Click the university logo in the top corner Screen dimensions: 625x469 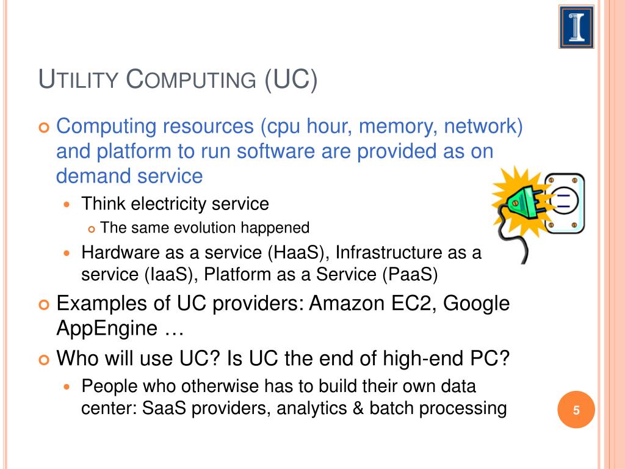coord(576,27)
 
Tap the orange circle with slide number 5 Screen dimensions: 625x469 coord(576,410)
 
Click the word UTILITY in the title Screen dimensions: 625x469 coord(79,79)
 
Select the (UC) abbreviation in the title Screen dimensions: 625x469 coord(291,80)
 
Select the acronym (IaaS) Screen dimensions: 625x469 coord(171,274)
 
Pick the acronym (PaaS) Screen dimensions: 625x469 coord(410,274)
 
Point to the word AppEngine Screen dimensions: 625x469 coord(107,329)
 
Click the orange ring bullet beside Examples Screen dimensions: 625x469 coord(44,305)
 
